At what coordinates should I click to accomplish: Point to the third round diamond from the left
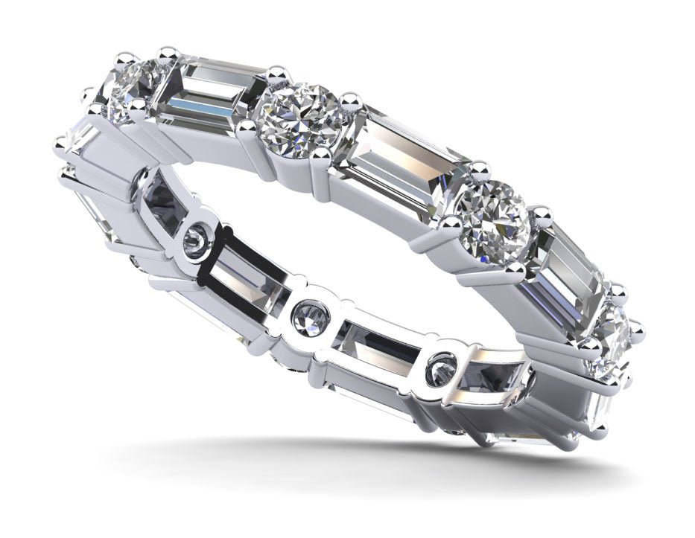pos(493,216)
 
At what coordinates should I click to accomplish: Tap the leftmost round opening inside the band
pos(196,240)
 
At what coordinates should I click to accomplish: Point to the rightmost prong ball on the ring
pos(638,327)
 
